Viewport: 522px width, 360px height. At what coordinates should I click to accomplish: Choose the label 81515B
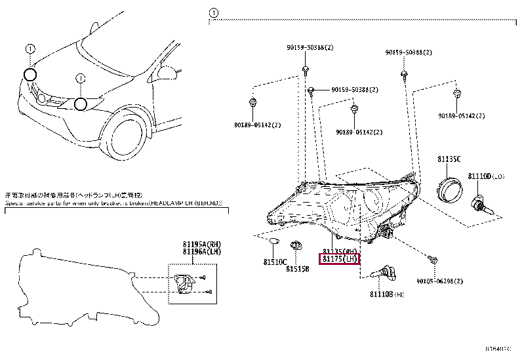click(297, 268)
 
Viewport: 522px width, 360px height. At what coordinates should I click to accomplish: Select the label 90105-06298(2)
click(441, 281)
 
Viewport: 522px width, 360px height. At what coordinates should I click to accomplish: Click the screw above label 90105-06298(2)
click(433, 260)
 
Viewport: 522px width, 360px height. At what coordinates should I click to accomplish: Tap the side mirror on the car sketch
click(171, 70)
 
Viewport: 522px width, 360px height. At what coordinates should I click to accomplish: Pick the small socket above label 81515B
click(295, 246)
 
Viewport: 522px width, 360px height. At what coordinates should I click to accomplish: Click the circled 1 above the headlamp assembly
click(213, 12)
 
